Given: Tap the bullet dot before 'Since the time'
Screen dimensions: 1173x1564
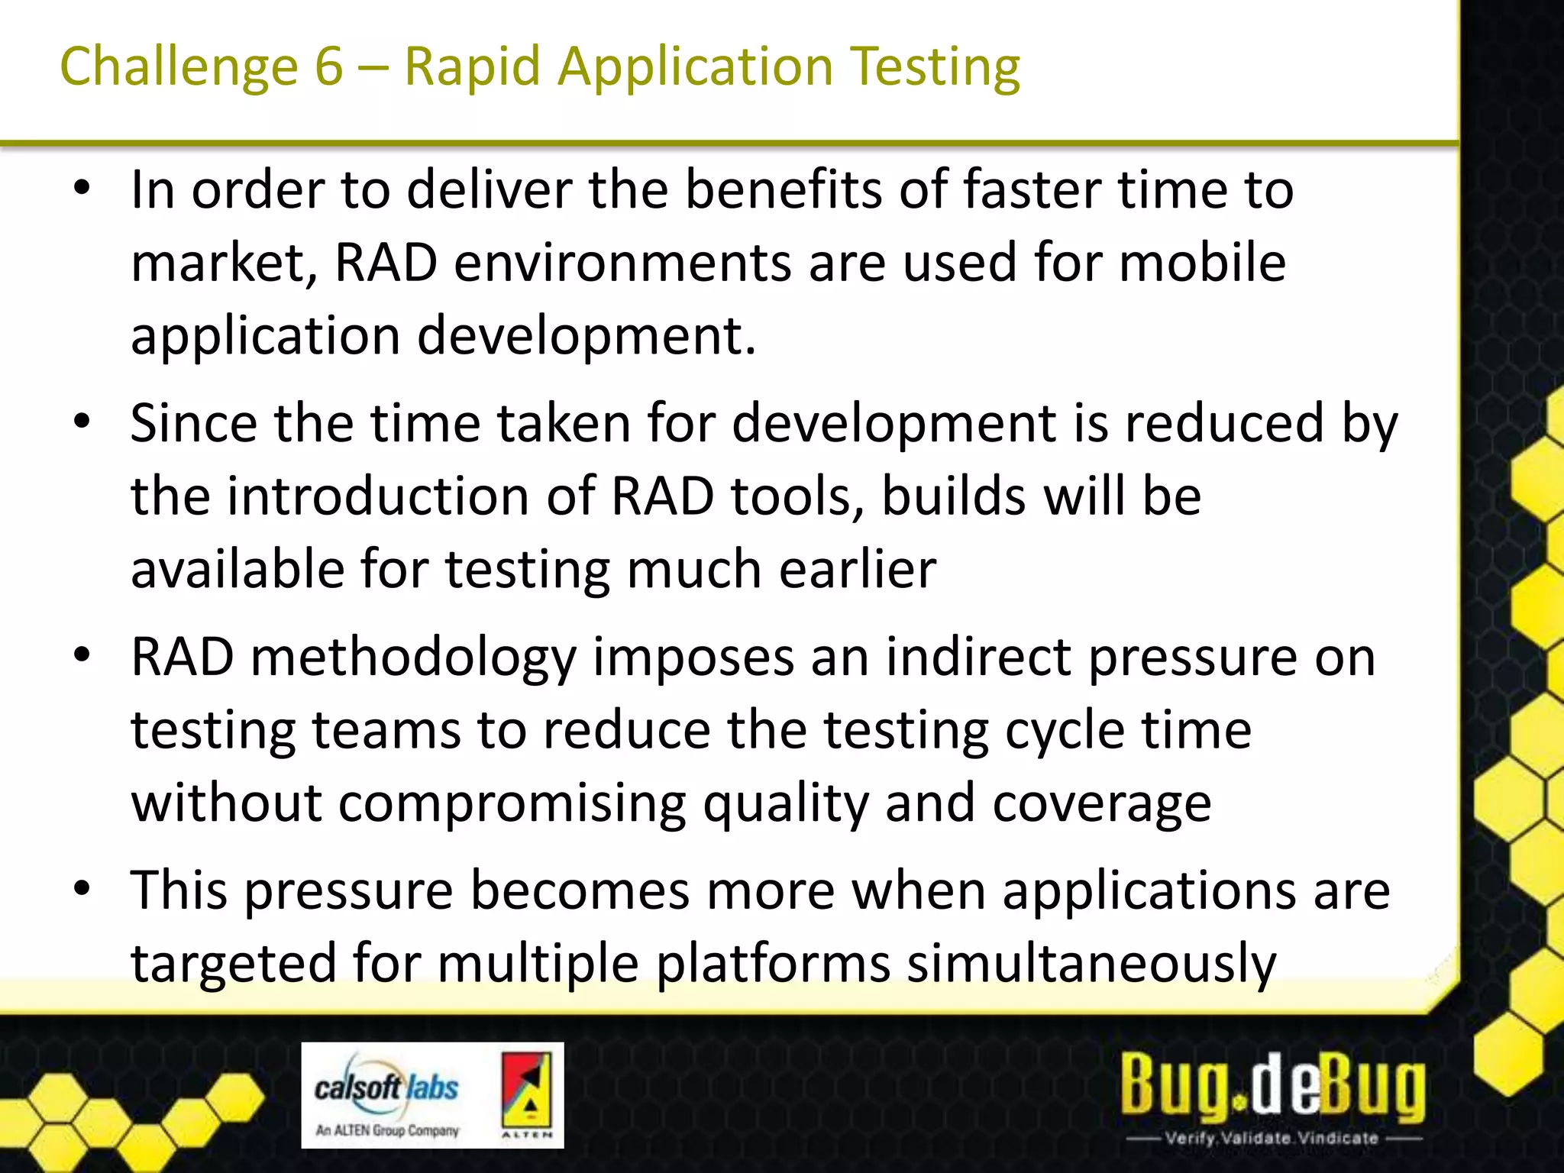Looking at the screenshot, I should click(x=82, y=422).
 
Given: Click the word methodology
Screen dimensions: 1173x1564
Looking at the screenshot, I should click(x=413, y=658).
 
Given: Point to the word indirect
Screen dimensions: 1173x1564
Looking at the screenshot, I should click(x=978, y=657).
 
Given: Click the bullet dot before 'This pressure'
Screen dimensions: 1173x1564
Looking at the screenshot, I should click(x=82, y=889).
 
